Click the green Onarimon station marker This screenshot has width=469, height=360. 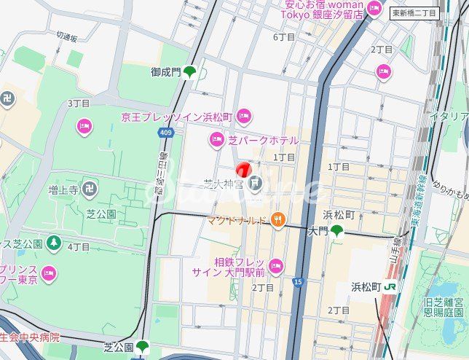[x=189, y=72]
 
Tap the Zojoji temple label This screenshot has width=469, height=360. [x=63, y=191]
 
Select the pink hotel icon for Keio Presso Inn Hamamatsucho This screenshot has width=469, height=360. [x=244, y=115]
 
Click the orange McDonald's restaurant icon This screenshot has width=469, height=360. [x=277, y=219]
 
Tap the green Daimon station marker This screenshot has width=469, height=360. [x=336, y=231]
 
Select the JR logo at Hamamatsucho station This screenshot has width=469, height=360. [x=392, y=287]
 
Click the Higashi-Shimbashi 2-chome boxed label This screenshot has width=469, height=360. [x=414, y=12]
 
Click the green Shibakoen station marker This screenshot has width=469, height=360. [x=142, y=347]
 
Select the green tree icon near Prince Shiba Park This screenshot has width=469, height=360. [x=53, y=243]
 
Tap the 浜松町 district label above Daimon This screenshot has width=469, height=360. [x=339, y=215]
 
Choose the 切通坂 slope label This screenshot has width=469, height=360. [x=67, y=35]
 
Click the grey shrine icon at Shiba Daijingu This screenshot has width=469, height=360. [x=255, y=183]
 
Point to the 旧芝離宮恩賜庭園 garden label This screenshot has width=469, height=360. [x=444, y=307]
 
